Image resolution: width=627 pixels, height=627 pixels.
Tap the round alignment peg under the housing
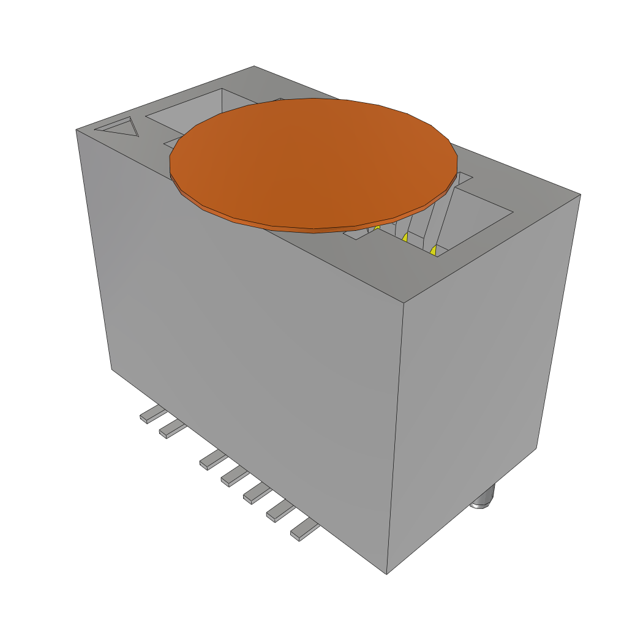(x=484, y=499)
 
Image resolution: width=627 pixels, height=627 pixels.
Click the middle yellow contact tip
(x=405, y=238)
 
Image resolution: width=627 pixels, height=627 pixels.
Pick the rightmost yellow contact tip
(x=433, y=250)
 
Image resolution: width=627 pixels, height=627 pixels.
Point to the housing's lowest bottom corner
(x=387, y=574)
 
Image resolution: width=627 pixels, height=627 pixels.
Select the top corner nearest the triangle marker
(x=76, y=130)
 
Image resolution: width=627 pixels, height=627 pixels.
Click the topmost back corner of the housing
(x=254, y=66)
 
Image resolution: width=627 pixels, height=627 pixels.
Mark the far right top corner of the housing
(x=580, y=195)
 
